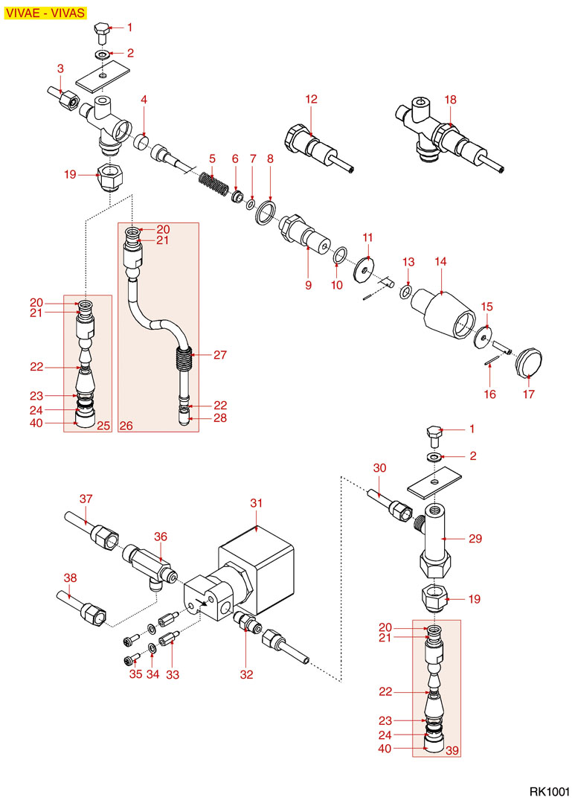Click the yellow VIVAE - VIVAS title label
tap(45, 13)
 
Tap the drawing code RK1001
tap(549, 790)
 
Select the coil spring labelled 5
tap(212, 182)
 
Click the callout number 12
tap(311, 98)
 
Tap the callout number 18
tap(450, 100)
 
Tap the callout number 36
tap(161, 537)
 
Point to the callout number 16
tap(489, 394)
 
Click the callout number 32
tap(246, 675)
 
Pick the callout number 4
tap(144, 99)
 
